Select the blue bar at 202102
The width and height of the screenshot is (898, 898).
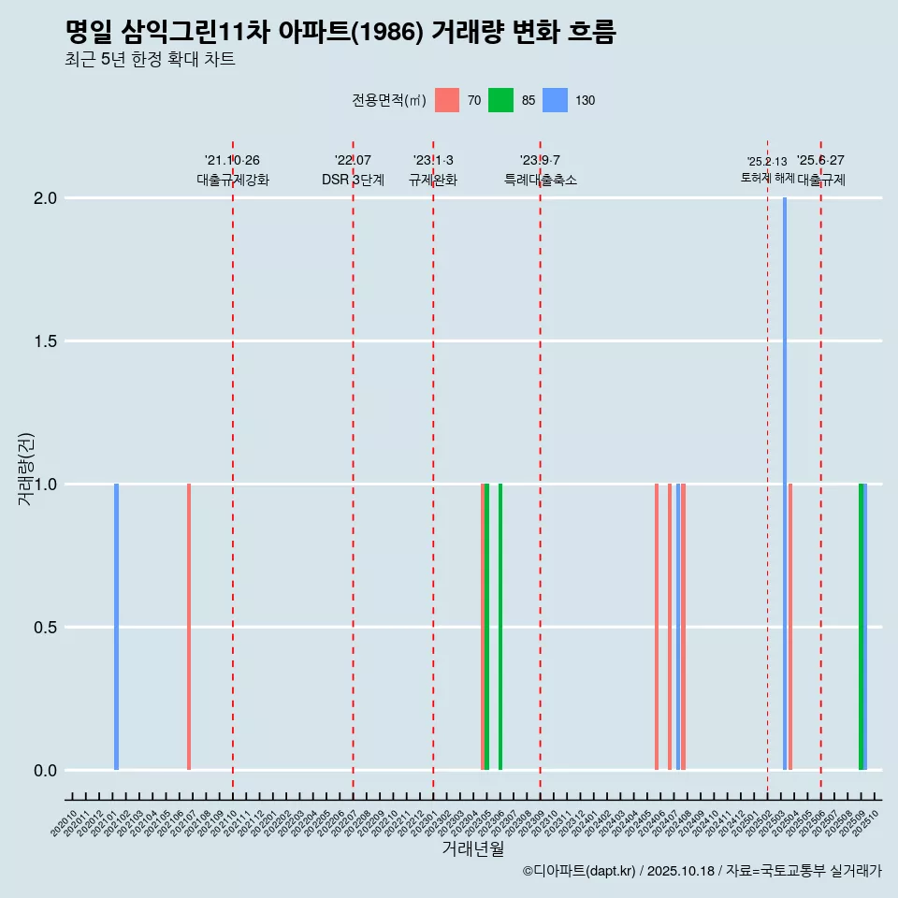click(117, 627)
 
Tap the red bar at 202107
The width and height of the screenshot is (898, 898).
click(189, 627)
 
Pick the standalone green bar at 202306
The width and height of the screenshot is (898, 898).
click(500, 627)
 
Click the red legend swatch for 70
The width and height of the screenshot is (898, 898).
click(447, 100)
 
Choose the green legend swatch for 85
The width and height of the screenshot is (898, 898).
click(500, 100)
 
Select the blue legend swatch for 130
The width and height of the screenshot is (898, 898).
click(555, 100)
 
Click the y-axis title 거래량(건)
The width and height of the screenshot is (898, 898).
click(26, 469)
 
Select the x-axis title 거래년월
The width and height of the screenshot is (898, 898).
click(472, 848)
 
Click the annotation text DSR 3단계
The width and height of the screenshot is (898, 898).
click(353, 180)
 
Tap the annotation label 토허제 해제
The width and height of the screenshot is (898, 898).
click(767, 178)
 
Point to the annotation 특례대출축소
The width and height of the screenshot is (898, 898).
click(541, 180)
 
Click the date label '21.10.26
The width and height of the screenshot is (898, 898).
click(232, 160)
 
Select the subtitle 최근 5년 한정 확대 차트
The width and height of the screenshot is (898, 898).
click(150, 60)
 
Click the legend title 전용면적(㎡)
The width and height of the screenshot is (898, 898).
click(389, 100)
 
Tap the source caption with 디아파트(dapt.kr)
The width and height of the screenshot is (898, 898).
click(702, 871)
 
